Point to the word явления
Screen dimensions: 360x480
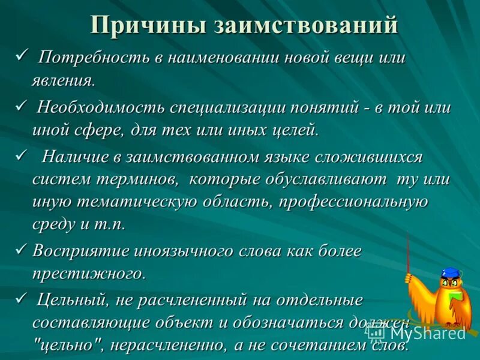(63, 79)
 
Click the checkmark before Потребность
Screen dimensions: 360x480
(23, 56)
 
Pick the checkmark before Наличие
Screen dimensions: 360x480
(23, 156)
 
